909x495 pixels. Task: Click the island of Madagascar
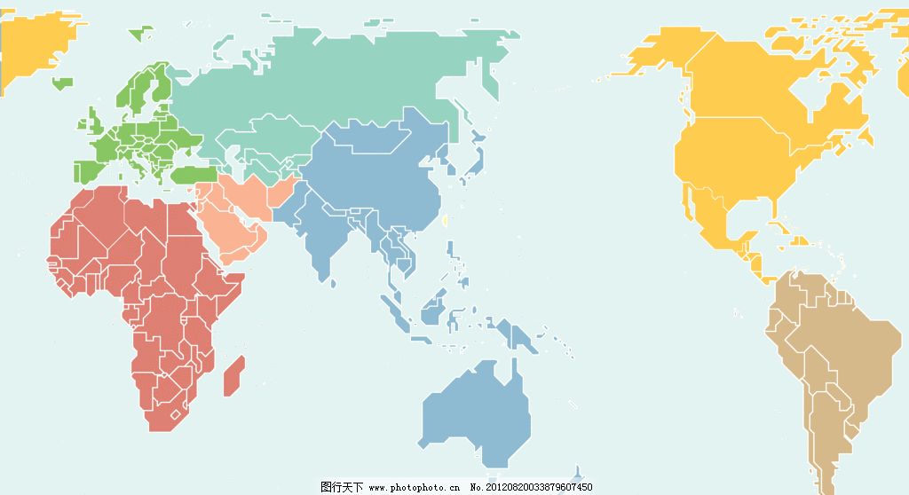233,375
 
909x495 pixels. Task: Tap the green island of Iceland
62,84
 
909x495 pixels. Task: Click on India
324,235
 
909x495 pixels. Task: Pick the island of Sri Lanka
333,282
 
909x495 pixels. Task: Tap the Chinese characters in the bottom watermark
342,487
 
